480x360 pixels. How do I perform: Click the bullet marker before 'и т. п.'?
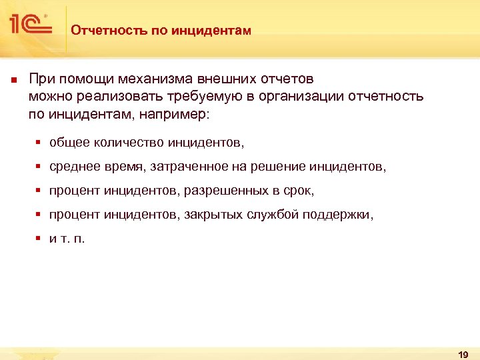coord(39,239)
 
